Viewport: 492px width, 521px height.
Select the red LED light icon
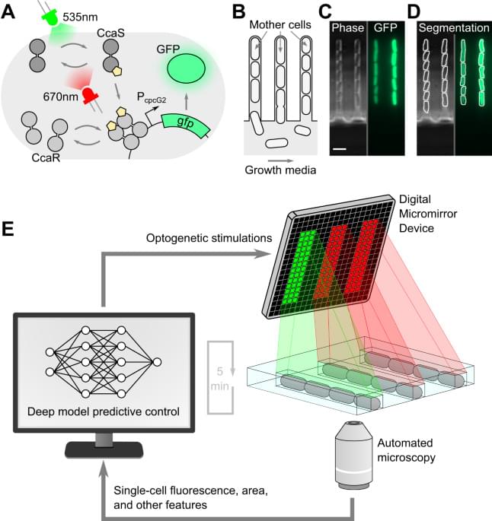pyautogui.click(x=90, y=95)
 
